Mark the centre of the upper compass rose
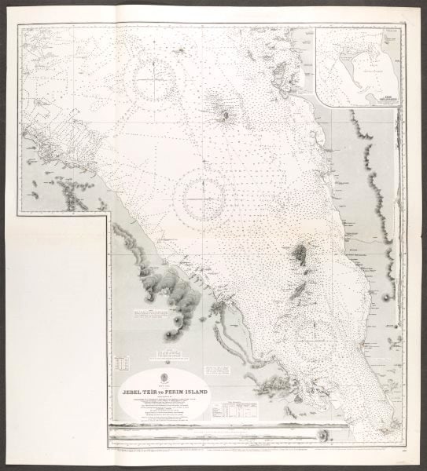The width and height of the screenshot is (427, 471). (x=153, y=81)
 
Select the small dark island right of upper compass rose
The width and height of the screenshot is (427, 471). (x=226, y=116)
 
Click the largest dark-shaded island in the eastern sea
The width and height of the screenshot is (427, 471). (x=300, y=255)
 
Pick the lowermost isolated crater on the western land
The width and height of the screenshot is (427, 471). (x=169, y=335)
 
